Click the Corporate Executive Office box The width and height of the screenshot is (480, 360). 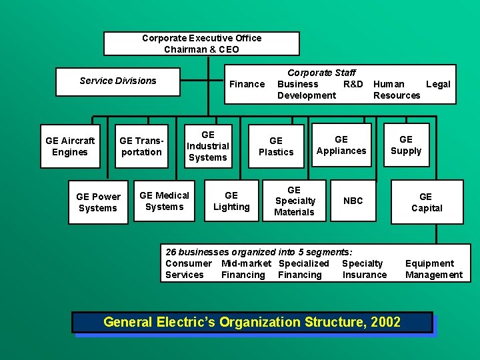click(x=201, y=44)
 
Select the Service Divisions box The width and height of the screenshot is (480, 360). click(x=118, y=81)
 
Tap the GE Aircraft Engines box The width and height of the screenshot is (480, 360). click(x=70, y=146)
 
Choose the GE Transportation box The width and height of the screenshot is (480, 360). click(x=141, y=146)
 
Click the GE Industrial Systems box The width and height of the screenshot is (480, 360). click(x=207, y=146)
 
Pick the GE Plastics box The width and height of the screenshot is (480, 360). click(x=276, y=146)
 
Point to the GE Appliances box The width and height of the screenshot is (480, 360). click(x=341, y=145)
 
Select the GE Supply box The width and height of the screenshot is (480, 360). click(x=406, y=145)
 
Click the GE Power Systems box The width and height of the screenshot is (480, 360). click(x=98, y=202)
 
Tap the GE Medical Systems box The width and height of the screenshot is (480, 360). click(x=164, y=201)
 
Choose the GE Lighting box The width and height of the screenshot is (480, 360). click(x=231, y=201)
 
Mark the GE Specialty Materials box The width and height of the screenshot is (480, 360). click(x=294, y=201)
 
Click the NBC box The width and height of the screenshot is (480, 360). click(x=353, y=201)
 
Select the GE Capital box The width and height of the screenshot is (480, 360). click(x=426, y=202)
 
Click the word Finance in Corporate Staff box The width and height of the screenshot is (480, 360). click(x=247, y=84)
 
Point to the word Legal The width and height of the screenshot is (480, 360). click(x=438, y=84)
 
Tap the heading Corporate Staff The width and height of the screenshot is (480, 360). click(x=321, y=72)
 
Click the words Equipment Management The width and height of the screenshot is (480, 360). click(x=433, y=269)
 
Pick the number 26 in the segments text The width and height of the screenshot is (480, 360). click(x=171, y=252)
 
